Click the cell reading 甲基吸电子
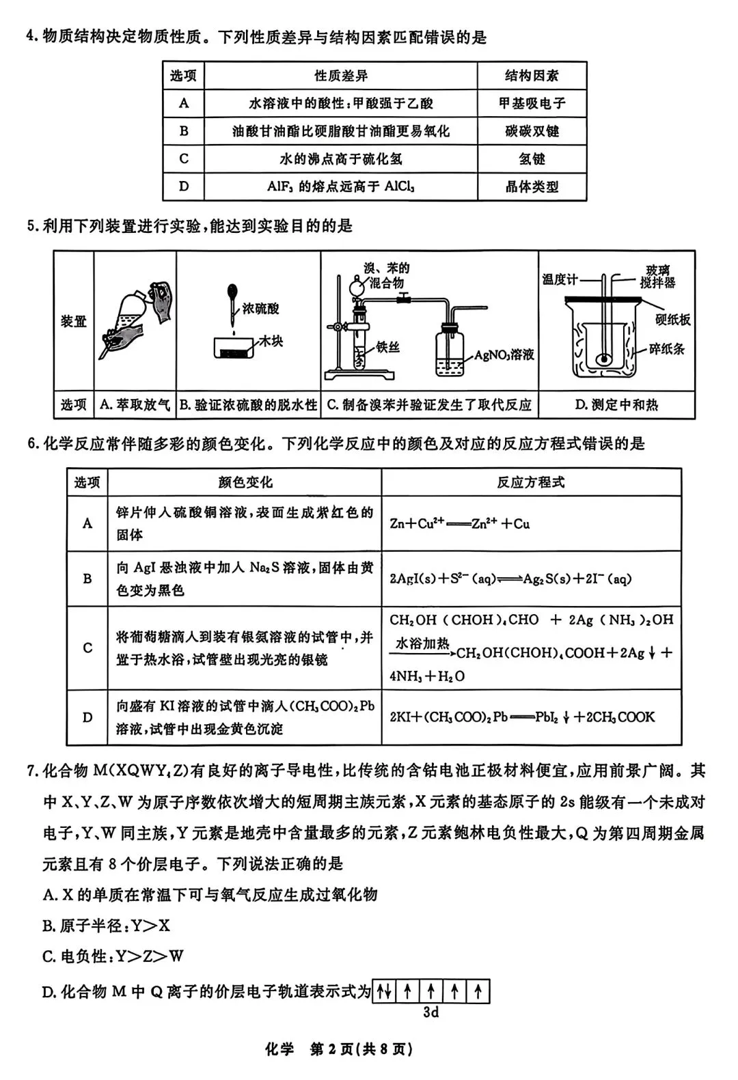tap(532, 103)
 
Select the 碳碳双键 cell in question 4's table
tap(532, 131)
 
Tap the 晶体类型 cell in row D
tap(532, 186)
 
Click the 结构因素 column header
tap(532, 76)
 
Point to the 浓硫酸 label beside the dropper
tap(261, 309)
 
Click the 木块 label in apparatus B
tap(270, 341)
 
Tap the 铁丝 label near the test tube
tap(387, 347)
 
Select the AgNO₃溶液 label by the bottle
tap(504, 355)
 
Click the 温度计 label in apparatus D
tap(560, 279)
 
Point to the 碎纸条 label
tap(666, 349)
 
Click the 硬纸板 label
tap(672, 319)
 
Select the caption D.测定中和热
tap(616, 405)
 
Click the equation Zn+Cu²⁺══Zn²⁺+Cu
tap(460, 524)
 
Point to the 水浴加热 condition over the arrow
tap(422, 643)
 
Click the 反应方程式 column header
tap(531, 482)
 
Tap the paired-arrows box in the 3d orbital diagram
tap(383, 991)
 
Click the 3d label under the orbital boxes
tap(430, 1012)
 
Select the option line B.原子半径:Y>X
tap(106, 926)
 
